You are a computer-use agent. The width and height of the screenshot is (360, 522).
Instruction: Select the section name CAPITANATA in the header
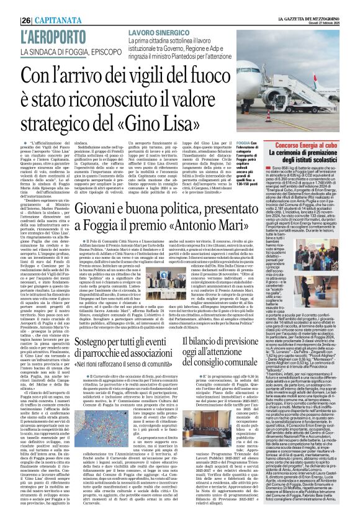coord(38,6)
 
